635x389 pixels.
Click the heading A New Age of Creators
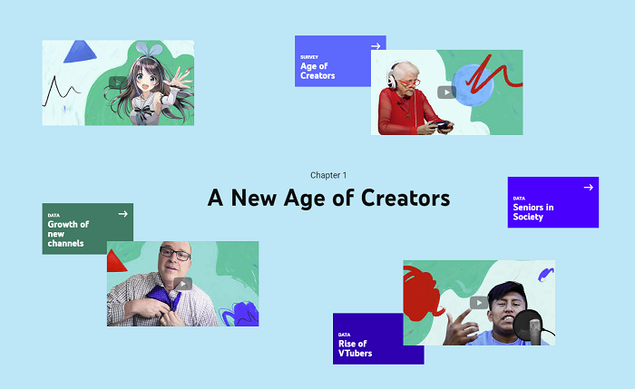328,197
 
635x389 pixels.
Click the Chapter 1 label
328,174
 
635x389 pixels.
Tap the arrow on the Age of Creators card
376,45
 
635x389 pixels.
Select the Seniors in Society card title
533,212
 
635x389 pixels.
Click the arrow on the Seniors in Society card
588,187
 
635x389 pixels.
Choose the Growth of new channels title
68,234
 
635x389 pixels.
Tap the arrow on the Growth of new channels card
122,214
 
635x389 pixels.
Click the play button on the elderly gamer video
446,92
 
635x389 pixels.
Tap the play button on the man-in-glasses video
182,284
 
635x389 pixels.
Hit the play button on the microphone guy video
479,303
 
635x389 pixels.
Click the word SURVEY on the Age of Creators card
309,57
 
